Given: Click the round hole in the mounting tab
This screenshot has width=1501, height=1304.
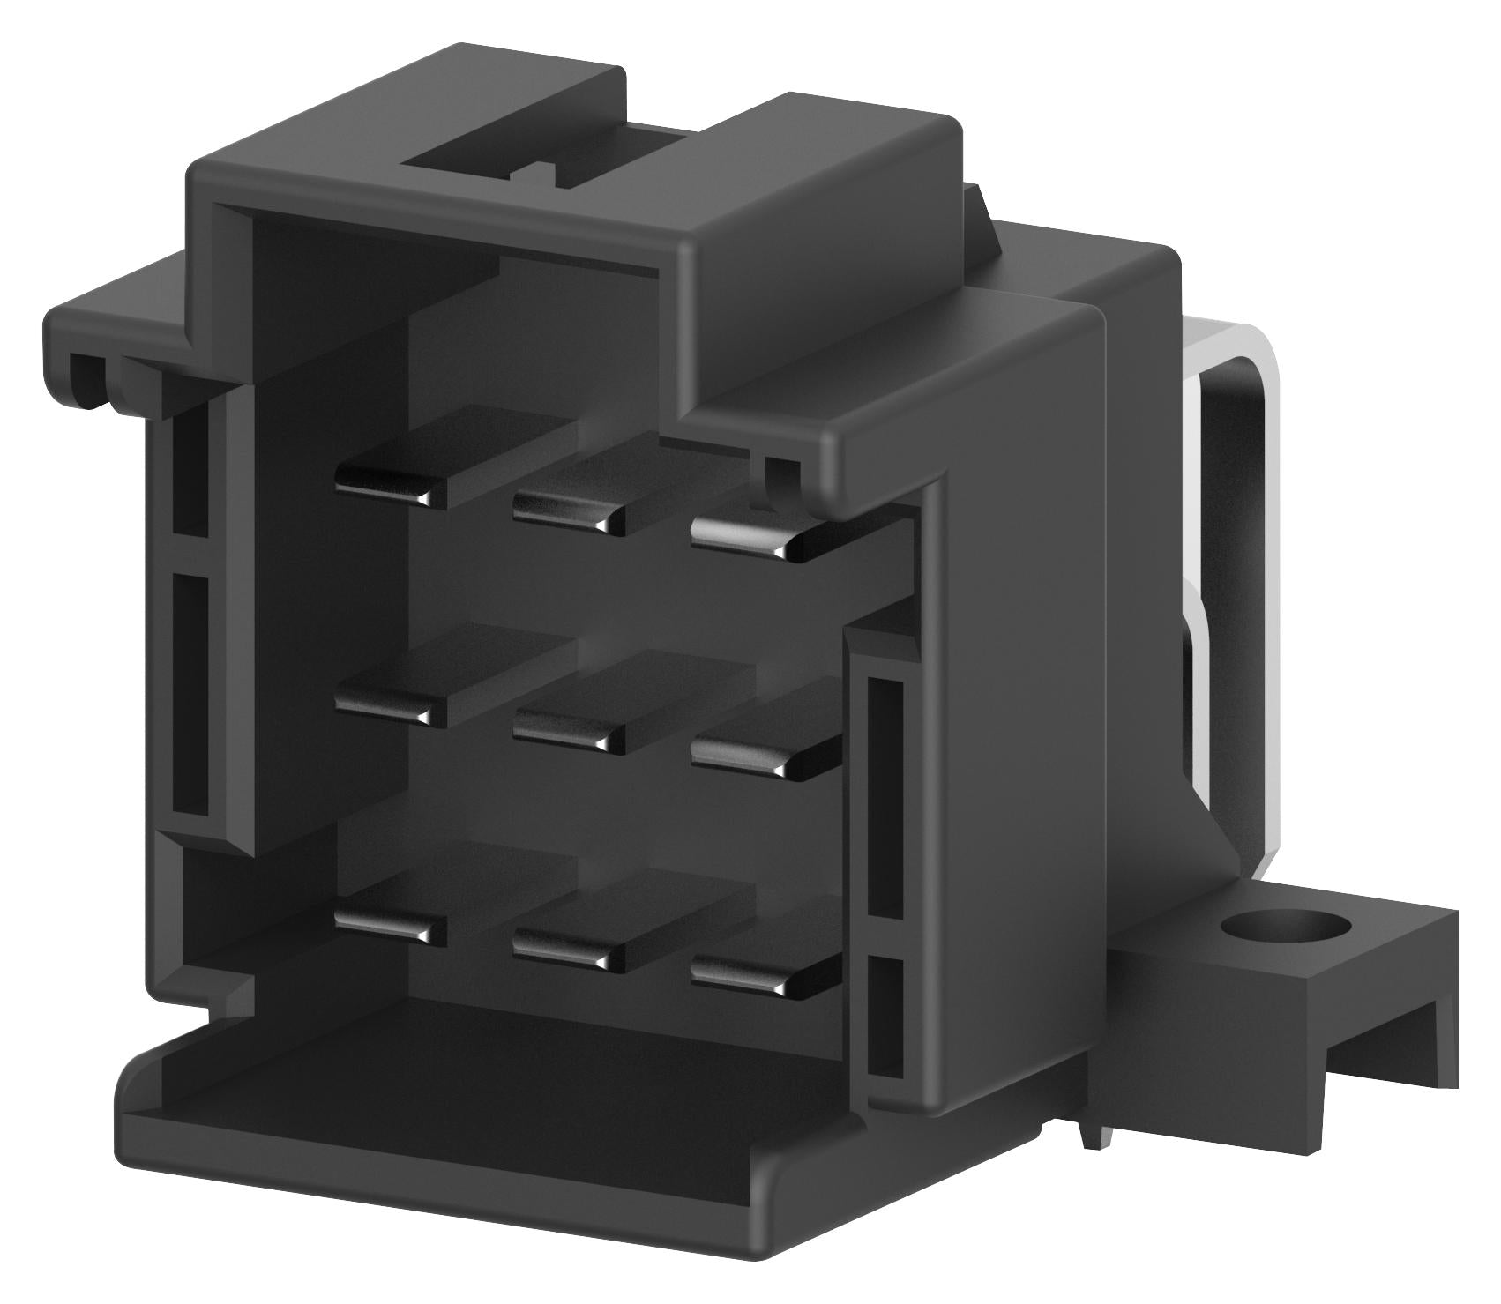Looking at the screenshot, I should pos(1286,928).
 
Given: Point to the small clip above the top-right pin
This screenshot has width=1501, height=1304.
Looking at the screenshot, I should pos(776,481).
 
